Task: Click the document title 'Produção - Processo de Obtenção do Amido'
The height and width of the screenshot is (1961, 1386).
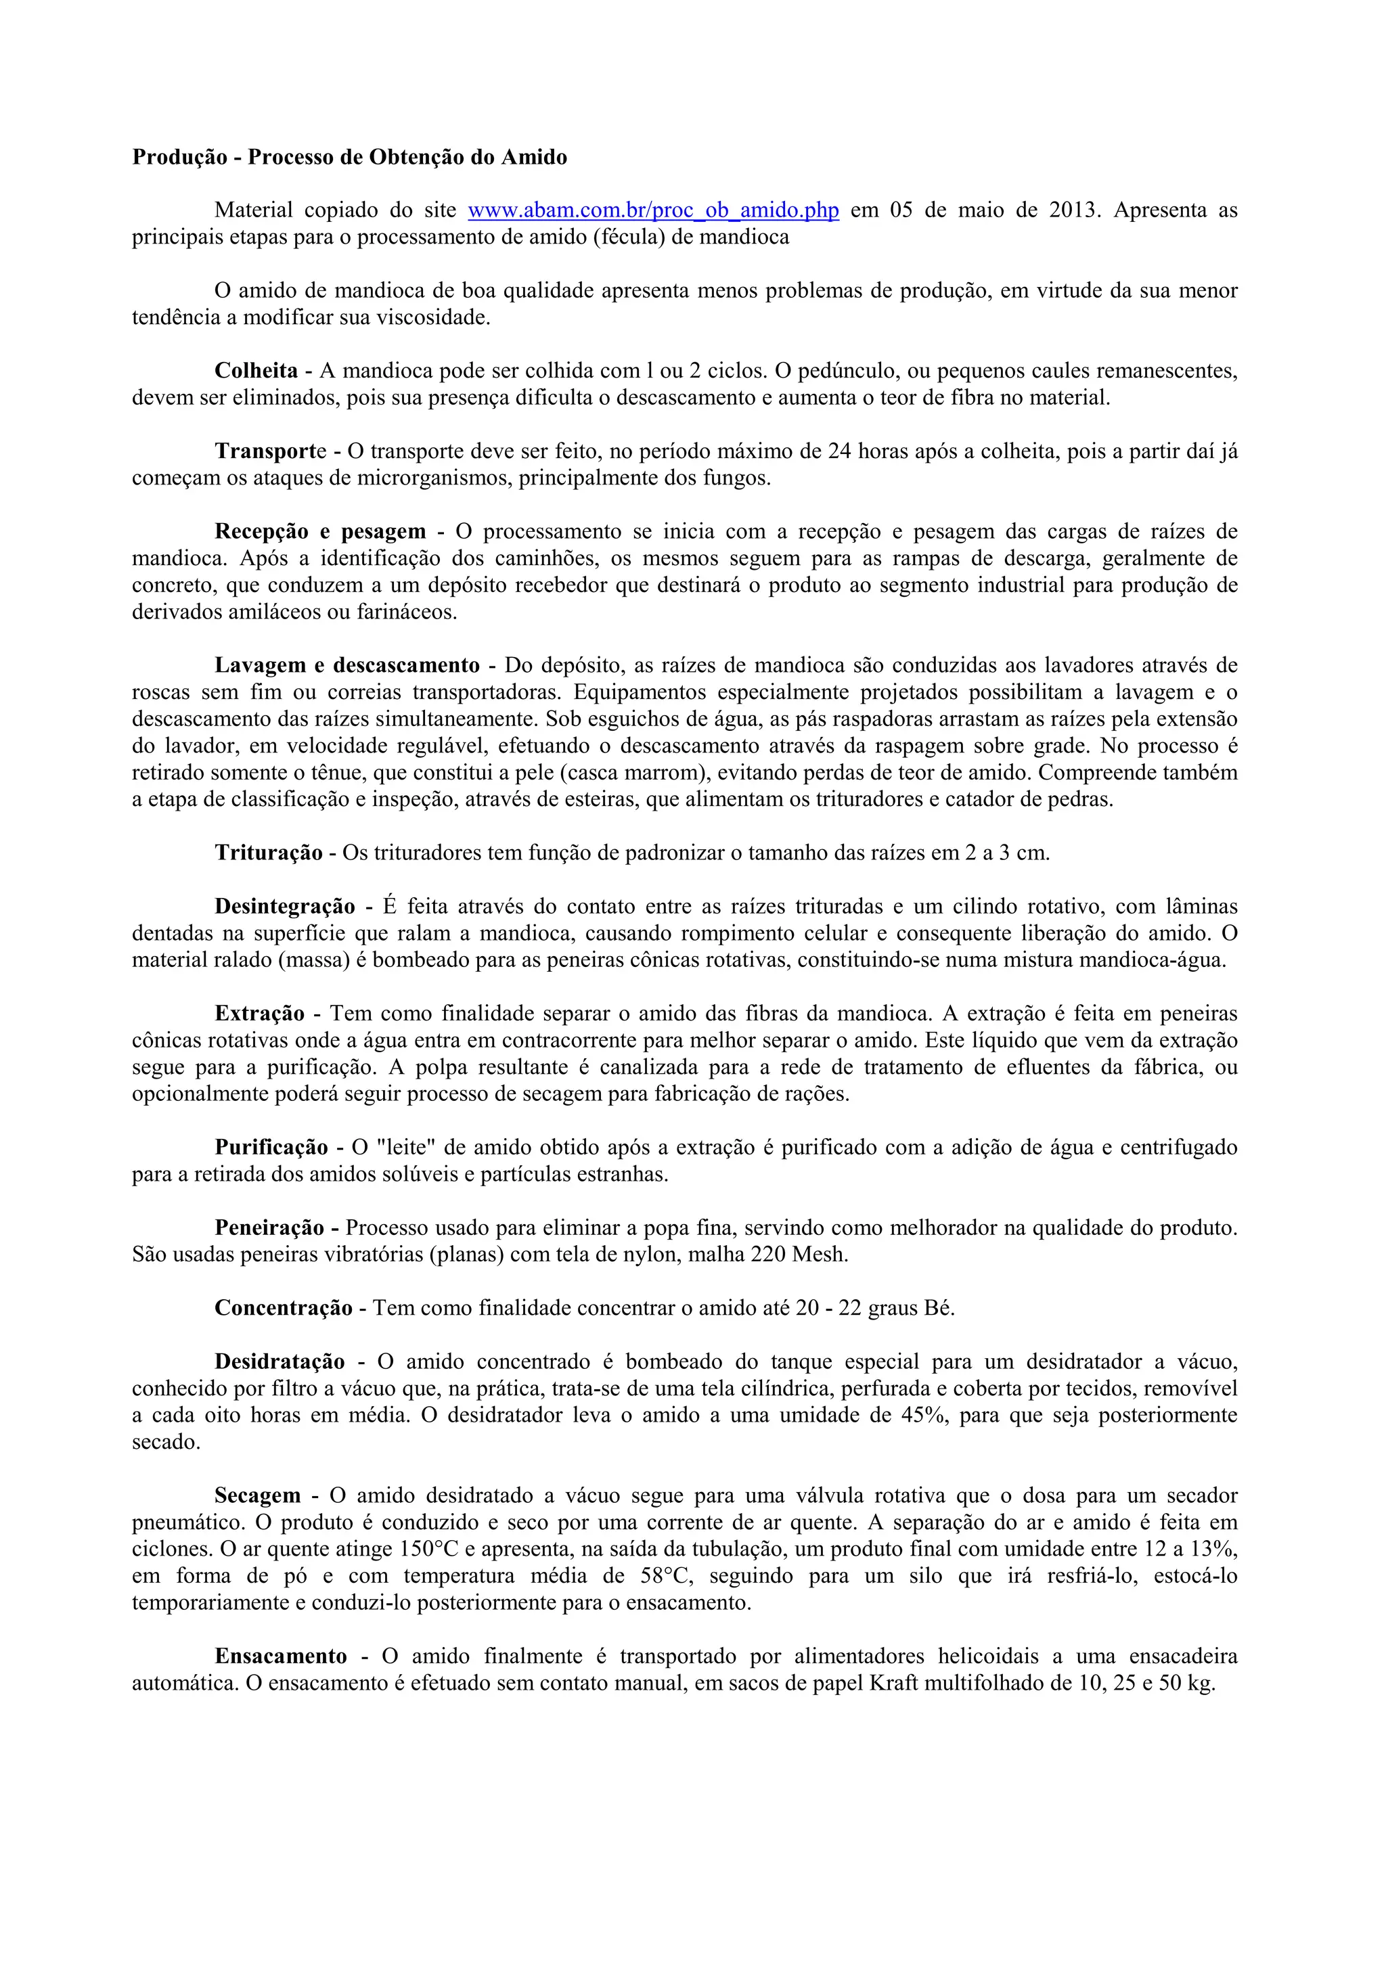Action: click(x=349, y=157)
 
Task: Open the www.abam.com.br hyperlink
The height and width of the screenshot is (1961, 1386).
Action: click(x=653, y=210)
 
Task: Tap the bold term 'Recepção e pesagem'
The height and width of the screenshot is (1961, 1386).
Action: click(x=320, y=531)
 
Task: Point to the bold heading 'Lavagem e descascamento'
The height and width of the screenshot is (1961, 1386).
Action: click(x=348, y=665)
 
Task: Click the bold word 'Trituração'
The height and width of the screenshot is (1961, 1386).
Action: click(x=269, y=853)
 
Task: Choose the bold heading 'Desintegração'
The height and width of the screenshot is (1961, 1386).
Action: click(x=285, y=906)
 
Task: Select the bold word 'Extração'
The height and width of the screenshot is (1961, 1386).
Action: click(x=260, y=1014)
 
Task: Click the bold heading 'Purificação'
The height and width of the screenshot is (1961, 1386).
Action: click(x=271, y=1147)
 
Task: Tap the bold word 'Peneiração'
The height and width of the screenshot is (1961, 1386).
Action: click(x=274, y=1228)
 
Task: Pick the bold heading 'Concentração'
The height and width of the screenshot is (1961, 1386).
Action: click(x=284, y=1309)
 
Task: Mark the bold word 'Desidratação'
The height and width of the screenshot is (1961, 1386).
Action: click(x=280, y=1362)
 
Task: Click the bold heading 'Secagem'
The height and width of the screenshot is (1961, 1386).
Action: click(x=258, y=1495)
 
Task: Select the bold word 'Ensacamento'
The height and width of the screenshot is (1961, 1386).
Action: click(x=281, y=1656)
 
